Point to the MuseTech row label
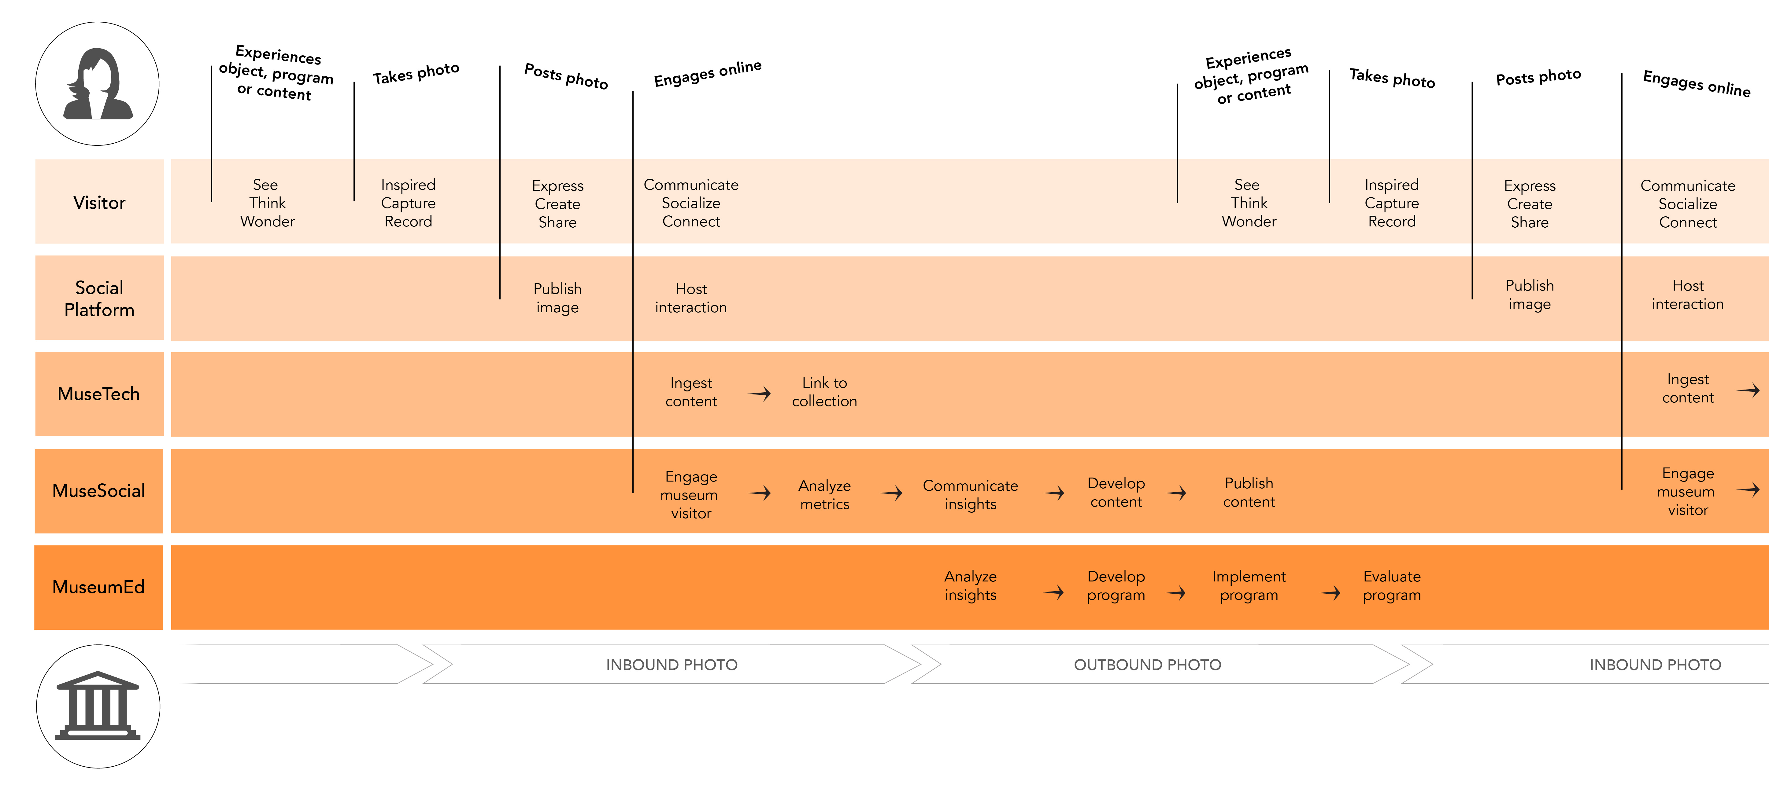pos(99,394)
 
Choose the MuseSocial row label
pos(99,491)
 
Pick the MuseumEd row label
pos(99,587)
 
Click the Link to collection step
pos(825,392)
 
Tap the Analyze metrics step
pos(825,495)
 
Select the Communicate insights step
pos(970,495)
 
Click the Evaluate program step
pos(1392,585)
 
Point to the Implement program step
pos(1249,585)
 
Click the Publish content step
pos(1249,492)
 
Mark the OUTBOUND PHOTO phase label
pos(1148,665)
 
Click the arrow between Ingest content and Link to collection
pos(760,393)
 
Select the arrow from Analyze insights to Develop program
pos(1054,592)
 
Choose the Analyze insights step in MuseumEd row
pos(970,585)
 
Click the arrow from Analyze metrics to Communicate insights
pos(891,493)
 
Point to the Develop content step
pos(1116,492)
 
